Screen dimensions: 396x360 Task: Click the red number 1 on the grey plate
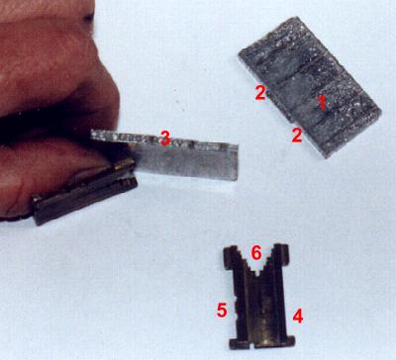tap(323, 102)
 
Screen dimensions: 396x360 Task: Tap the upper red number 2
tap(260, 92)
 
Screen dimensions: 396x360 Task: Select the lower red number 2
tap(297, 135)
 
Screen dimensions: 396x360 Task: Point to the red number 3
tap(165, 137)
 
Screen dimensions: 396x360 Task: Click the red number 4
tap(298, 316)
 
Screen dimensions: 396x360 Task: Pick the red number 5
tap(222, 310)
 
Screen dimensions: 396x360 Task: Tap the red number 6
tap(256, 253)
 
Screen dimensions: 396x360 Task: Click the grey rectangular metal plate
tap(310, 87)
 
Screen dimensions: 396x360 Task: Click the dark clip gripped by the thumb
tap(84, 192)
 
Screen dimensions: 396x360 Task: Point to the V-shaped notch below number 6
tap(256, 267)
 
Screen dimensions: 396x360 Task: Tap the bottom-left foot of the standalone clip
tap(240, 343)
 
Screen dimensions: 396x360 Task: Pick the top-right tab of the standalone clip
tap(282, 253)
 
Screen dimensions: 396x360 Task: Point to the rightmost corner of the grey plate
tap(381, 113)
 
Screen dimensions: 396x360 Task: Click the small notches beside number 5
tap(237, 306)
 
